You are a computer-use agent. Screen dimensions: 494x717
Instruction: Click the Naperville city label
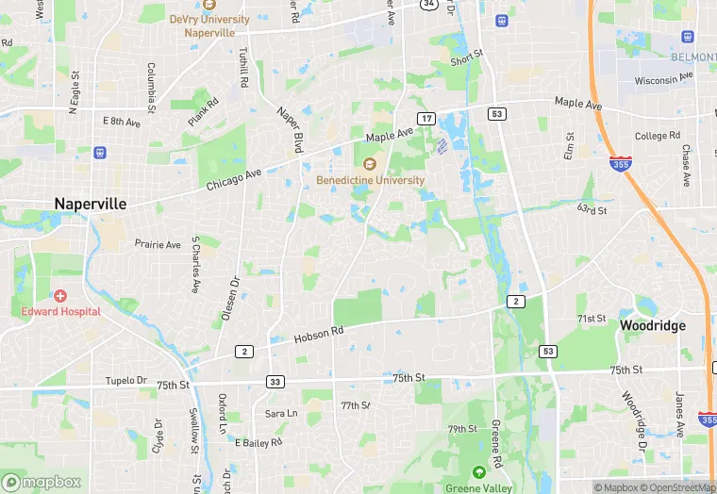point(91,204)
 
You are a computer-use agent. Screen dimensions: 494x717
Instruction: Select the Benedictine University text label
point(370,180)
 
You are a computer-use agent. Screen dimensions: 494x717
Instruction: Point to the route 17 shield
point(427,118)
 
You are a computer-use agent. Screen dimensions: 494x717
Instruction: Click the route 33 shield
point(275,382)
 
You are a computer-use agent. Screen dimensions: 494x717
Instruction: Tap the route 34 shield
point(428,4)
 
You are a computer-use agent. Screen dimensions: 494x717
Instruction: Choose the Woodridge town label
point(652,324)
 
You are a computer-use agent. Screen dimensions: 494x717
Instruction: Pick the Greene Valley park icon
point(479,471)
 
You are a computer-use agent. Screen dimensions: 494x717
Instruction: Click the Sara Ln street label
point(280,413)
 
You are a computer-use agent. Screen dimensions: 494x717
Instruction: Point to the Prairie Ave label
point(157,244)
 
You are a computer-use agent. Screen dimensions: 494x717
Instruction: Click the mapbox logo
point(42,482)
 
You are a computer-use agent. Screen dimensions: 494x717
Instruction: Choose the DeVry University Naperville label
point(209,25)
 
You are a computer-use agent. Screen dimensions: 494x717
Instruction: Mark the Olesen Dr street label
point(228,301)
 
